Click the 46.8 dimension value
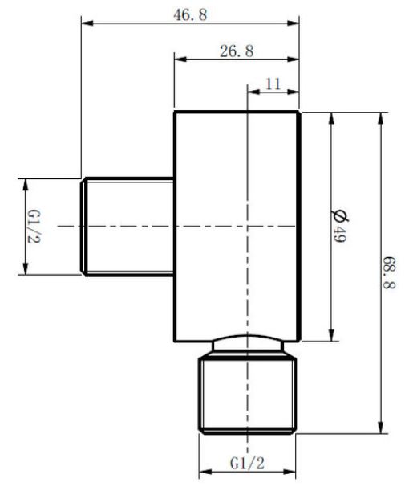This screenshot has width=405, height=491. click(190, 14)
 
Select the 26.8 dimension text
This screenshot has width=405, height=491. click(237, 51)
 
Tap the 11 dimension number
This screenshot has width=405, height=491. click(273, 84)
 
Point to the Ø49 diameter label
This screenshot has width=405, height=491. click(339, 225)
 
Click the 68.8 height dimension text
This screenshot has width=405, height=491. click(389, 272)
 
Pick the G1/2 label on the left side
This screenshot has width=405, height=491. click(34, 227)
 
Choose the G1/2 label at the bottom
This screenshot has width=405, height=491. click(247, 463)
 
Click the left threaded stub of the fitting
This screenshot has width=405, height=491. click(128, 227)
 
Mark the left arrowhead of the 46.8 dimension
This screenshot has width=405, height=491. click(87, 23)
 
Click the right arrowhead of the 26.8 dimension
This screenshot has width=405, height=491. click(293, 59)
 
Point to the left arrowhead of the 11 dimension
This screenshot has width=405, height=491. click(253, 92)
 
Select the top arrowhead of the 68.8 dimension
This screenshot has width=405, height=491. click(381, 118)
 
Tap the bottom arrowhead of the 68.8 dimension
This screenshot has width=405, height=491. click(381, 428)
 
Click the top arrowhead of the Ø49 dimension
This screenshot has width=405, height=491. click(332, 118)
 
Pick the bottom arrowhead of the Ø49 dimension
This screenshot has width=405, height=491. click(332, 334)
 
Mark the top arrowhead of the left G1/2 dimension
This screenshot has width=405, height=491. click(26, 186)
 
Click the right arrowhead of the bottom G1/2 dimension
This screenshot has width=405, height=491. click(290, 471)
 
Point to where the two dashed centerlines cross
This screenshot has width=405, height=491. click(248, 226)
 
